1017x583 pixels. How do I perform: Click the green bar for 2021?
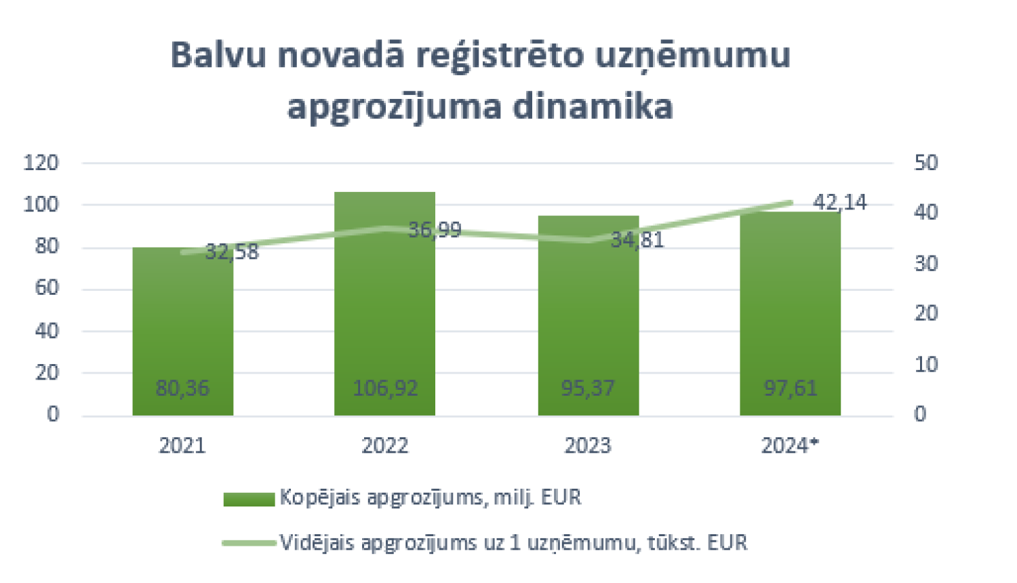[x=182, y=325]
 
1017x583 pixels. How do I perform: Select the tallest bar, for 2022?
[x=384, y=305]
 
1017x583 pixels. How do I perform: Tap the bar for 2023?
[x=588, y=319]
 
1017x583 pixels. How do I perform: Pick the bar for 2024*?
[x=790, y=319]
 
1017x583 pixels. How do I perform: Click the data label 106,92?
[x=384, y=388]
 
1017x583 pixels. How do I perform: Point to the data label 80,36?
[x=182, y=388]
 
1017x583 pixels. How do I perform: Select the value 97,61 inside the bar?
[x=791, y=388]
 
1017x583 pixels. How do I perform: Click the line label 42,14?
[x=839, y=202]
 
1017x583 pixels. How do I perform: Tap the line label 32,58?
[x=232, y=252]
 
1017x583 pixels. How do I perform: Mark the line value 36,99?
[x=435, y=230]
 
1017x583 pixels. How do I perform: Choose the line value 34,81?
[x=637, y=239]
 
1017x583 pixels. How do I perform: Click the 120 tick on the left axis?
[x=41, y=163]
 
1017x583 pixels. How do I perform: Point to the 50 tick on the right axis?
[x=925, y=163]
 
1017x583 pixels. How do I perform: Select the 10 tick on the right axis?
[x=925, y=364]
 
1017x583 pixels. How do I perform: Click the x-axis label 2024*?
[x=790, y=445]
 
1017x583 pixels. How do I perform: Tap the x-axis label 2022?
[x=384, y=445]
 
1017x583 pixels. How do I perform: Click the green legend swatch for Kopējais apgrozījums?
[x=249, y=499]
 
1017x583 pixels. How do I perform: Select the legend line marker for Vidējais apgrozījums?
[x=249, y=543]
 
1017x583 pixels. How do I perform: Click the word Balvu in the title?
[x=217, y=56]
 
